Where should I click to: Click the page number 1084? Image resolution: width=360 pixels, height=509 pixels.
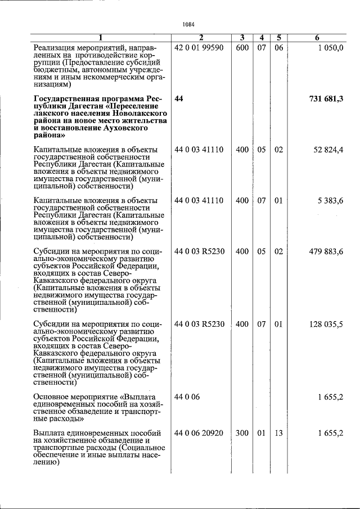pyautogui.click(x=188, y=24)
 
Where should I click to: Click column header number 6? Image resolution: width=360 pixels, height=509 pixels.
pyautogui.click(x=317, y=38)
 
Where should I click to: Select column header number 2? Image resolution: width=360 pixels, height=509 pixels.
pyautogui.click(x=201, y=38)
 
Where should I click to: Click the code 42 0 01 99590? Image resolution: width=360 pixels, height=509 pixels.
pyautogui.click(x=199, y=48)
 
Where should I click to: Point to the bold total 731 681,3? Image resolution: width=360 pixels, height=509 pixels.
pyautogui.click(x=326, y=99)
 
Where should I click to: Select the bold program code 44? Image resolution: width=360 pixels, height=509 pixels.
pyautogui.click(x=179, y=99)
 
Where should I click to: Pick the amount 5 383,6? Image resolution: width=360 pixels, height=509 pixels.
pyautogui.click(x=331, y=200)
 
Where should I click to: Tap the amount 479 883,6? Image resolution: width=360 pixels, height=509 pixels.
pyautogui.click(x=326, y=251)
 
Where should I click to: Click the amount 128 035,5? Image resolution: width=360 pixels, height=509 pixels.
pyautogui.click(x=326, y=325)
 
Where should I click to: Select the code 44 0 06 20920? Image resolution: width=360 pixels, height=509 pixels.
pyautogui.click(x=199, y=433)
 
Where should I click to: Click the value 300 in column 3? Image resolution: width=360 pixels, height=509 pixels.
pyautogui.click(x=242, y=433)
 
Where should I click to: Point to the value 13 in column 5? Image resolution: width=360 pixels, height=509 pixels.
pyautogui.click(x=278, y=433)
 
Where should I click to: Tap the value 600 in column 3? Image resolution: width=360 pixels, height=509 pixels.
pyautogui.click(x=242, y=48)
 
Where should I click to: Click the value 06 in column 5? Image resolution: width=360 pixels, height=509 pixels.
pyautogui.click(x=278, y=48)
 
